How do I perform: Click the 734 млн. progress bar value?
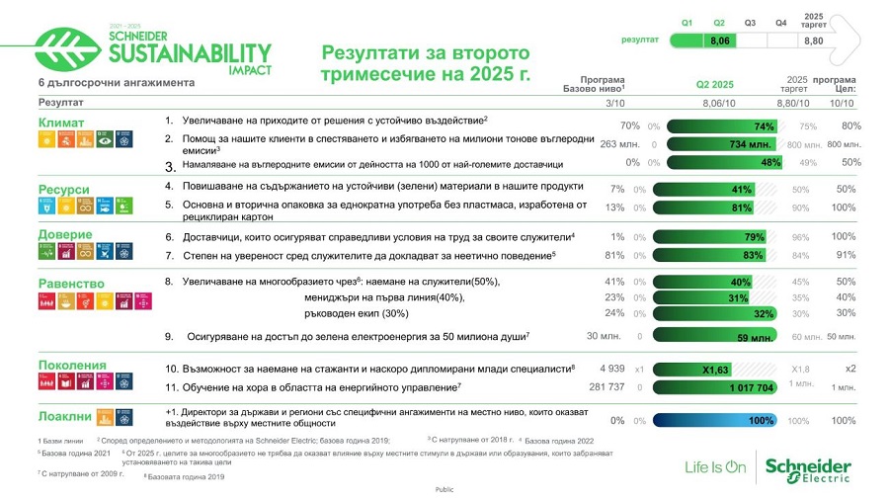pos(750,144)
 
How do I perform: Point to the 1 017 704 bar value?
pos(751,388)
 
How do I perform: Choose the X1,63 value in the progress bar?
pos(715,370)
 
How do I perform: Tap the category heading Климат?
pos(61,124)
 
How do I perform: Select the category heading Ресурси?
pos(64,190)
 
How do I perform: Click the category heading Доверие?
pos(65,235)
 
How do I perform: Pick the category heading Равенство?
pos(71,284)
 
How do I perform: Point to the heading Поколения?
pos(72,366)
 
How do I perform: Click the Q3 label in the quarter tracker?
pos(750,22)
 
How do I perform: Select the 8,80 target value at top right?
pos(814,42)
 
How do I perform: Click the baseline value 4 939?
pos(612,370)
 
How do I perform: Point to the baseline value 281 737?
pos(606,387)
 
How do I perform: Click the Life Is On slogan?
pos(716,467)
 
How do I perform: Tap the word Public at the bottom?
pos(444,490)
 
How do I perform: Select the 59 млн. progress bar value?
pos(755,337)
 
